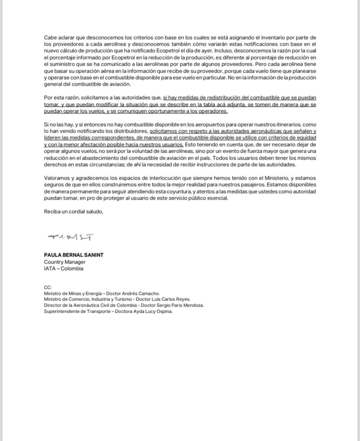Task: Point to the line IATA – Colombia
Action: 63,268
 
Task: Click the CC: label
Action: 48,287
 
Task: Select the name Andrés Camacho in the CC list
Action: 143,293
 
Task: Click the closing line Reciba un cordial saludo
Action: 73,211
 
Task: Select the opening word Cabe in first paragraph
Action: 50,38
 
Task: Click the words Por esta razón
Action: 63,99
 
